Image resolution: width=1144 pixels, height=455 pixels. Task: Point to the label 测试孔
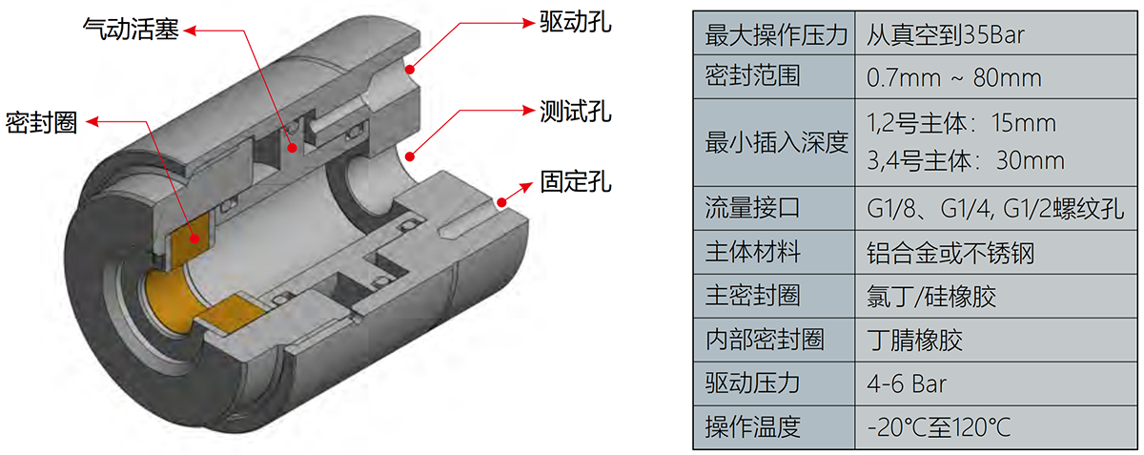click(x=568, y=112)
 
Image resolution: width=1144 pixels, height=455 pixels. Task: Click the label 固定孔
click(x=568, y=181)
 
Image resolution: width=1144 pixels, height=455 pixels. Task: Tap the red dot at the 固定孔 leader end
click(x=500, y=202)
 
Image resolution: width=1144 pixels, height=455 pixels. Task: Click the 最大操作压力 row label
click(x=775, y=36)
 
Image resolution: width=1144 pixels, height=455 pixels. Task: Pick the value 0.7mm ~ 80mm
click(x=953, y=76)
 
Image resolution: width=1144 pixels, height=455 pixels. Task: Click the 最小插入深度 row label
click(x=775, y=143)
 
